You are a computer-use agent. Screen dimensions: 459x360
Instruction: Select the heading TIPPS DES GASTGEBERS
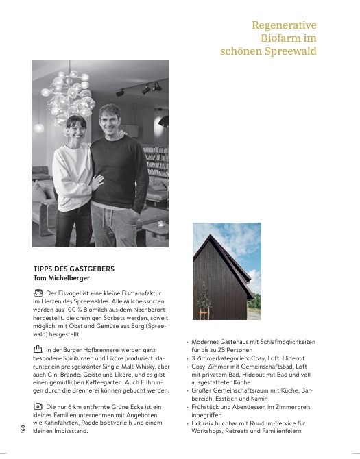click(73, 269)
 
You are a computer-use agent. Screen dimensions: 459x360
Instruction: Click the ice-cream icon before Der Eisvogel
click(38, 293)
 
